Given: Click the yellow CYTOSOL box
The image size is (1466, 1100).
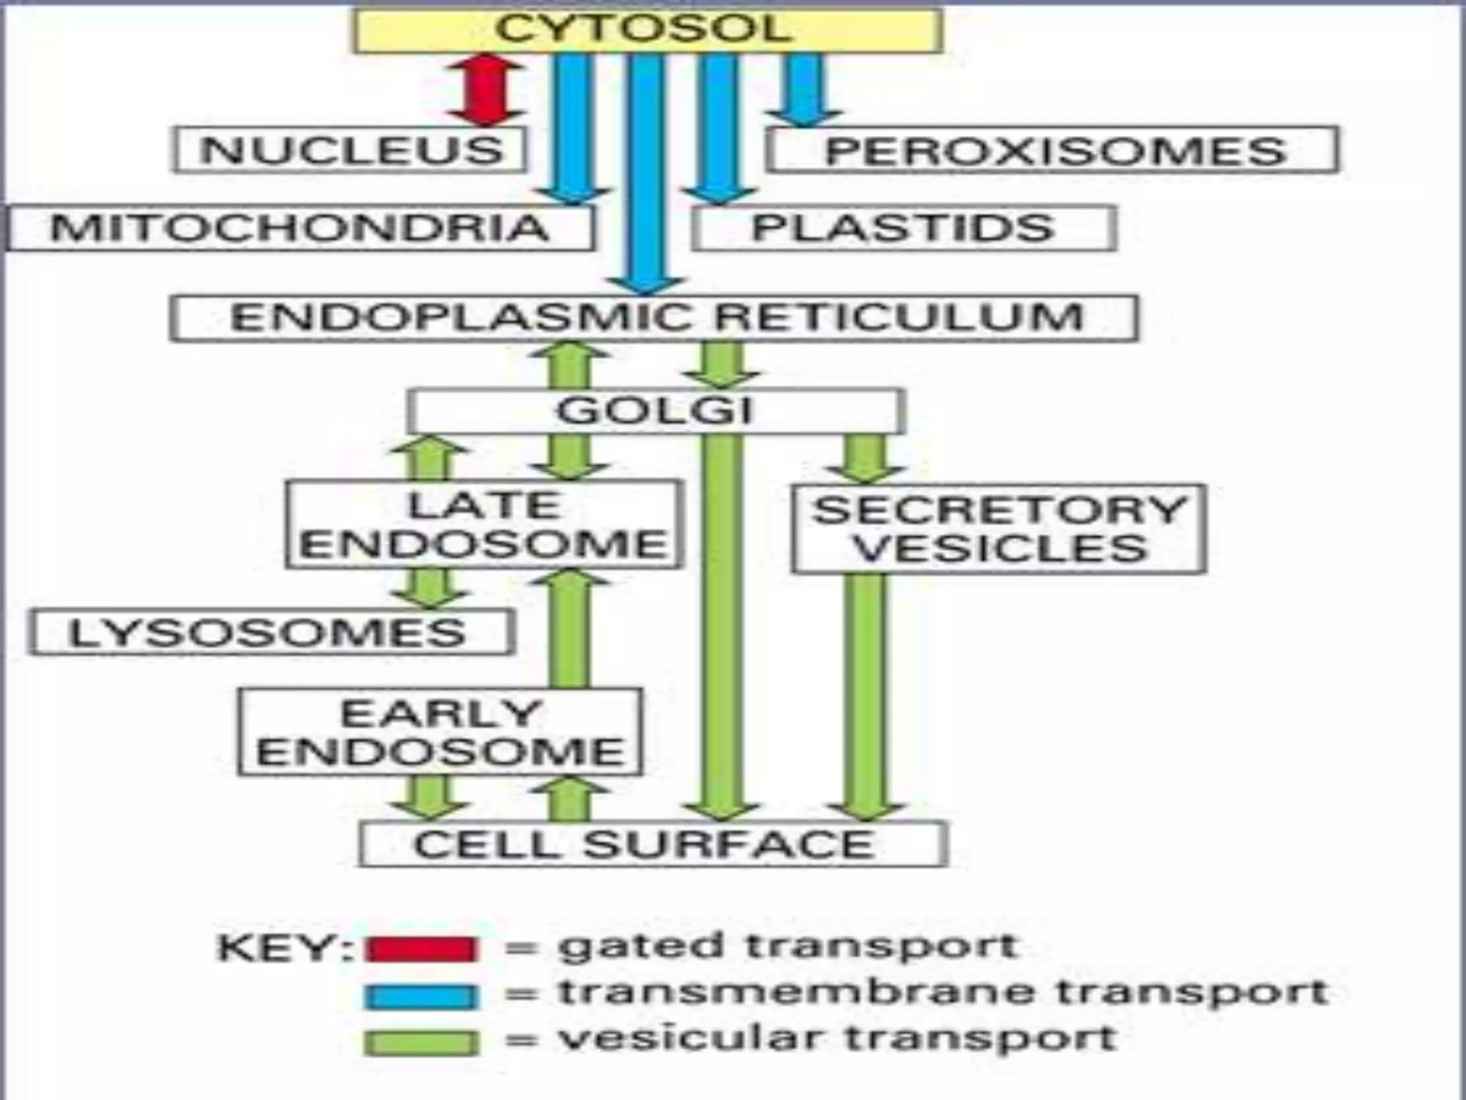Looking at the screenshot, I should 647,30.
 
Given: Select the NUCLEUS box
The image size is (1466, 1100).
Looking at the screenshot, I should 351,150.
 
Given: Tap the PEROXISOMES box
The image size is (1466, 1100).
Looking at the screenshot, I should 1052,150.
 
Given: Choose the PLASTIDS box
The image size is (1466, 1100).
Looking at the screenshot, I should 903,228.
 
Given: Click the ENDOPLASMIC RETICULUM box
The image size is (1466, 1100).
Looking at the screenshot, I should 654,317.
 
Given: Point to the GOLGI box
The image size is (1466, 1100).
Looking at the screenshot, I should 656,411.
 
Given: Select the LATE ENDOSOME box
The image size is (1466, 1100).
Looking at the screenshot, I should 484,525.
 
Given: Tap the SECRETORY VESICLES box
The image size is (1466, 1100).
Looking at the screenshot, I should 999,529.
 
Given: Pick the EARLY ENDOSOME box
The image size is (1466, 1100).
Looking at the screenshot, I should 440,732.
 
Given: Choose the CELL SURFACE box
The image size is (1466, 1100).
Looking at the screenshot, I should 653,844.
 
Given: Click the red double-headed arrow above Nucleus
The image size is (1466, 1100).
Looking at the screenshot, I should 485,90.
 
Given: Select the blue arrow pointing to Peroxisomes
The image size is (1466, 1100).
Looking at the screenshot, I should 805,90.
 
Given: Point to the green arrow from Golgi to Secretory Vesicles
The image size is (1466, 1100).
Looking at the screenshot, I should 865,458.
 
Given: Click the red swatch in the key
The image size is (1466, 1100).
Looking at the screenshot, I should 420,949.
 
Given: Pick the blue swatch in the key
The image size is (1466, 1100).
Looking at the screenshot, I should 420,996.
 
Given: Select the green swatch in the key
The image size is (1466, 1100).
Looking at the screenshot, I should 420,1043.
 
